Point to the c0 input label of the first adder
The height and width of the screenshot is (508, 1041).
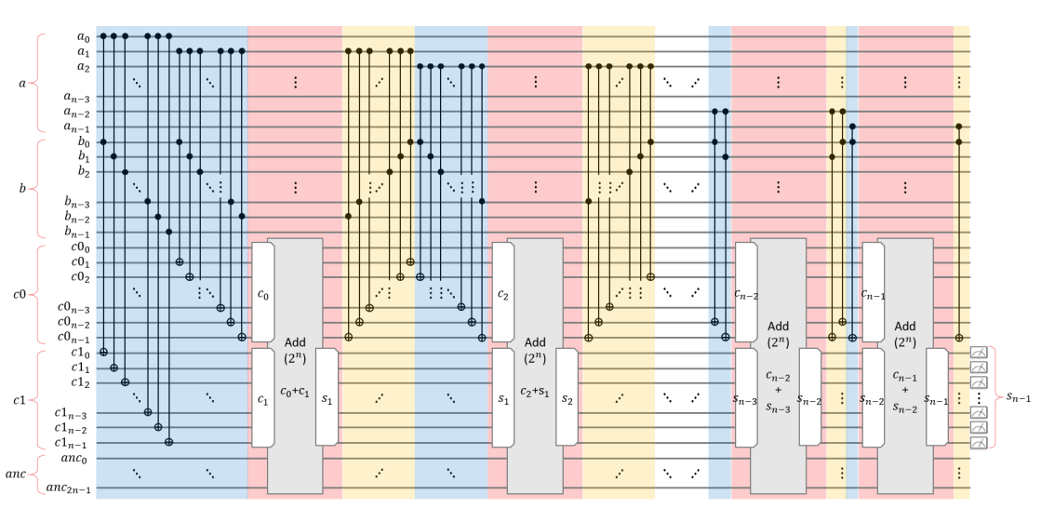tap(262, 295)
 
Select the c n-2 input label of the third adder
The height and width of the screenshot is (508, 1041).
tap(744, 295)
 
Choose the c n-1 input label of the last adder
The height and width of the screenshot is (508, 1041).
tap(871, 295)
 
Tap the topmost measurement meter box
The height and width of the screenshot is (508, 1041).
tap(979, 352)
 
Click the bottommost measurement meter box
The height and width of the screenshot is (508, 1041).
tap(979, 443)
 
